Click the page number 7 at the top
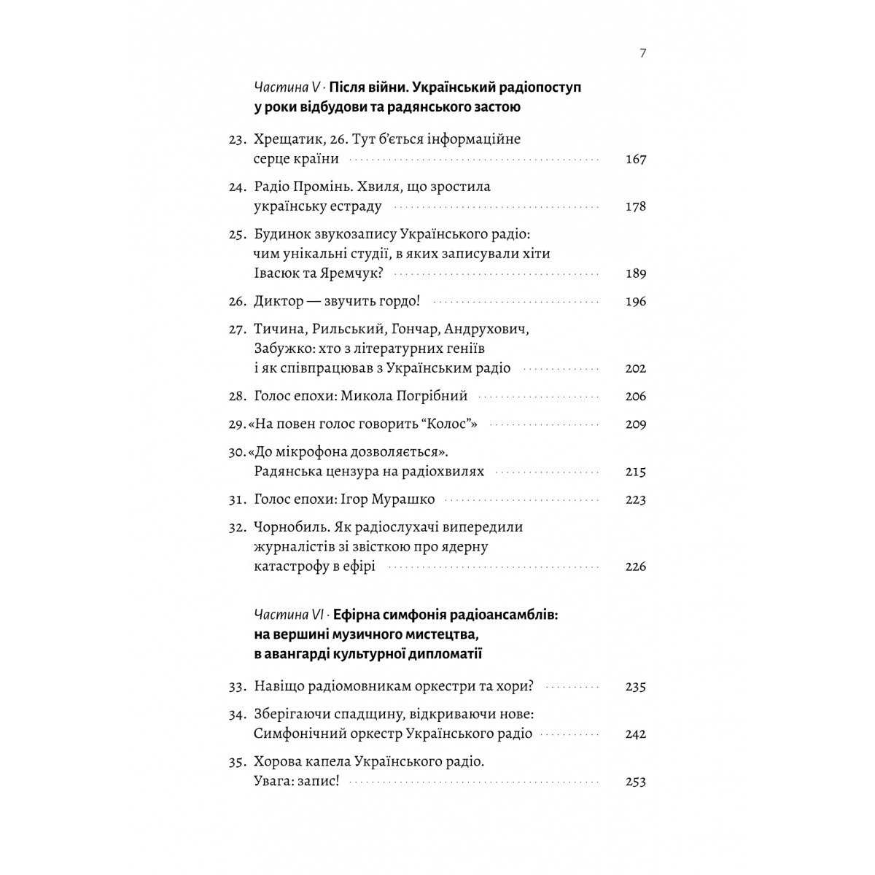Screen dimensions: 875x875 (642, 53)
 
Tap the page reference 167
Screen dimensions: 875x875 (636, 159)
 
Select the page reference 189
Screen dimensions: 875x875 (636, 273)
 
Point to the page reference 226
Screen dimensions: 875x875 (636, 567)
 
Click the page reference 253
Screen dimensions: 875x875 (636, 781)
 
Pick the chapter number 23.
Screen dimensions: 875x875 (238, 139)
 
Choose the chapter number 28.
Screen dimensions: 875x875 (238, 397)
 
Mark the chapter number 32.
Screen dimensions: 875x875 (238, 526)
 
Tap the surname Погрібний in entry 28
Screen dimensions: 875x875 (430, 397)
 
